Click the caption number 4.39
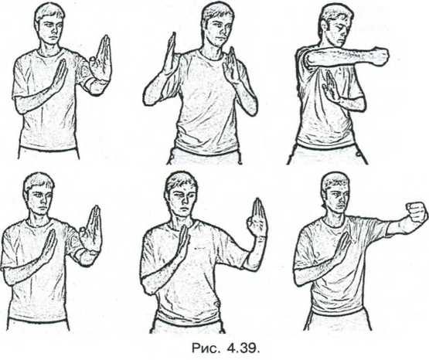(243, 348)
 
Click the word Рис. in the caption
(206, 348)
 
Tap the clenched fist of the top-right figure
(378, 57)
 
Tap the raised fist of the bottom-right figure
(417, 212)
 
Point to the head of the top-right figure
(336, 25)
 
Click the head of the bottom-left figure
(39, 194)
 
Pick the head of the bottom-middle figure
(181, 194)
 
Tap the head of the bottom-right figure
(335, 192)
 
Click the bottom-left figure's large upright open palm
(91, 229)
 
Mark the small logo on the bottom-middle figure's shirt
(199, 249)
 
